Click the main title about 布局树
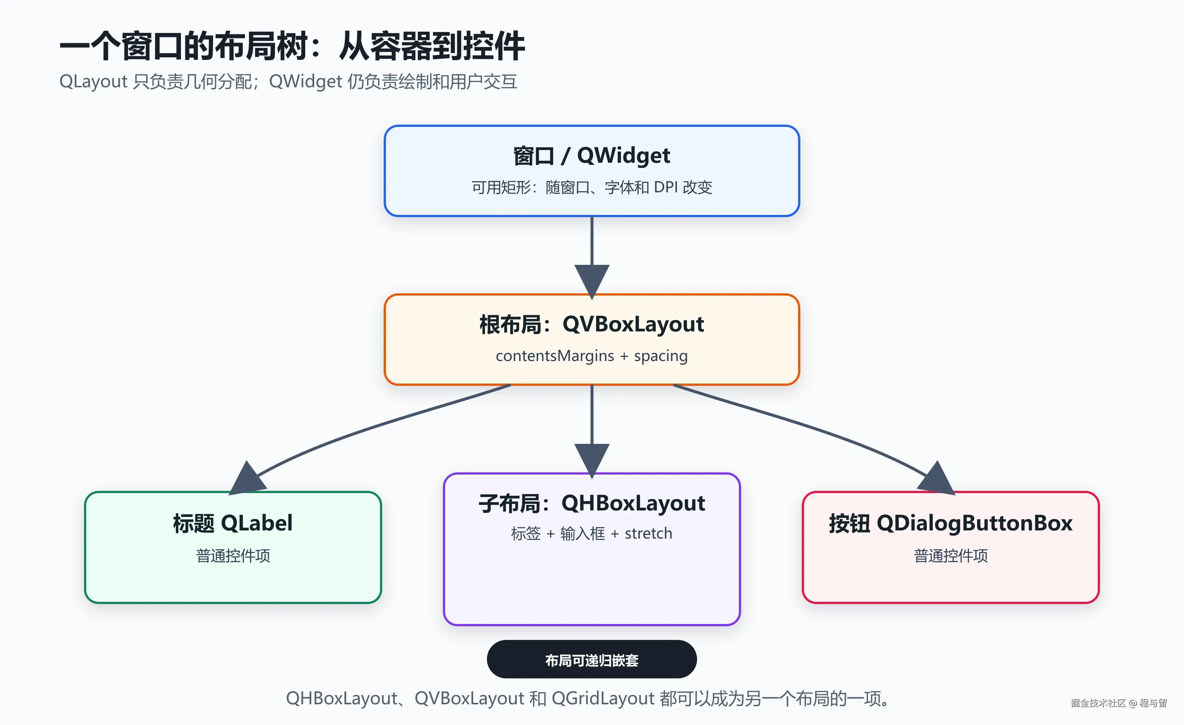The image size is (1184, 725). pyautogui.click(x=292, y=46)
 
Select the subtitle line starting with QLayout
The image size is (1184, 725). pyautogui.click(x=288, y=82)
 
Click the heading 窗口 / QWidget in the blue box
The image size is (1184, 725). pyautogui.click(x=592, y=156)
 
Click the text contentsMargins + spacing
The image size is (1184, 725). pyautogui.click(x=592, y=356)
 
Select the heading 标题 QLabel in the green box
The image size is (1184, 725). pyautogui.click(x=233, y=523)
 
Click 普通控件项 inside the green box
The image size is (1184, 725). pyautogui.click(x=233, y=556)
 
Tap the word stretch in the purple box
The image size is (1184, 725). pyautogui.click(x=648, y=533)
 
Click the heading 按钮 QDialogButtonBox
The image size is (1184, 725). pyautogui.click(x=951, y=523)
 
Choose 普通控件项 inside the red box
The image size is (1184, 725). pyautogui.click(x=951, y=556)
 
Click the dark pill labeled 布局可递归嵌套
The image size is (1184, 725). pyautogui.click(x=592, y=659)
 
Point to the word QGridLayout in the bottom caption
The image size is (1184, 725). pyautogui.click(x=603, y=699)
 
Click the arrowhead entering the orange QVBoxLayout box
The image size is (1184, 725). pyautogui.click(x=592, y=281)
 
